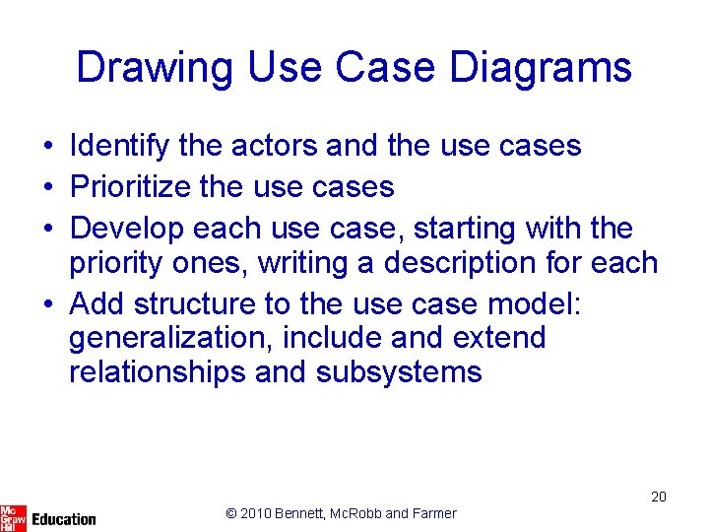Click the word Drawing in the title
[154, 68]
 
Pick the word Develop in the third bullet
[127, 228]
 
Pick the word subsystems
[399, 371]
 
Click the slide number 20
[659, 497]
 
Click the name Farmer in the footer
[434, 513]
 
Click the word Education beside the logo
[64, 519]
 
